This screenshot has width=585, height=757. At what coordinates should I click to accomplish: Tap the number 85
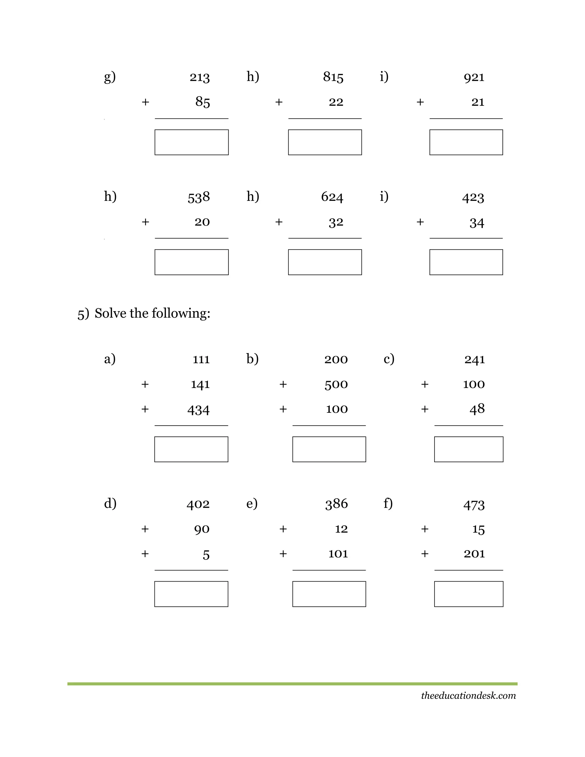click(x=203, y=102)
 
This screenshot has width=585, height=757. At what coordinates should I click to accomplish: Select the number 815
click(x=333, y=77)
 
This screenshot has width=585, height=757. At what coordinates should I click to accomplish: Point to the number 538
click(x=199, y=197)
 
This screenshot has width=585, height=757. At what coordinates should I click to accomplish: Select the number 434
click(x=198, y=410)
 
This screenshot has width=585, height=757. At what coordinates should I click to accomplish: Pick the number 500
click(x=336, y=384)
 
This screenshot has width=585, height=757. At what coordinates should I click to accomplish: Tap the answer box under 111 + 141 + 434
click(x=191, y=449)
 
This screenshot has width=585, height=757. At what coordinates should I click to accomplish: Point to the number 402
click(x=198, y=504)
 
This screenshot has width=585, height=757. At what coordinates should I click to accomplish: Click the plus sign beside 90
click(x=145, y=529)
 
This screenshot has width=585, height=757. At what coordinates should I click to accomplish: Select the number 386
click(x=336, y=504)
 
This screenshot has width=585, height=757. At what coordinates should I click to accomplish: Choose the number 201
click(x=474, y=554)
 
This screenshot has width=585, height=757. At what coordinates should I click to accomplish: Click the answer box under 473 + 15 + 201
click(x=468, y=594)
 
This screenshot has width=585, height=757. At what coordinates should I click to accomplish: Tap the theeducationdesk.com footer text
click(x=468, y=696)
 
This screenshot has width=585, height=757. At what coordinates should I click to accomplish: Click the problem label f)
click(x=388, y=503)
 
